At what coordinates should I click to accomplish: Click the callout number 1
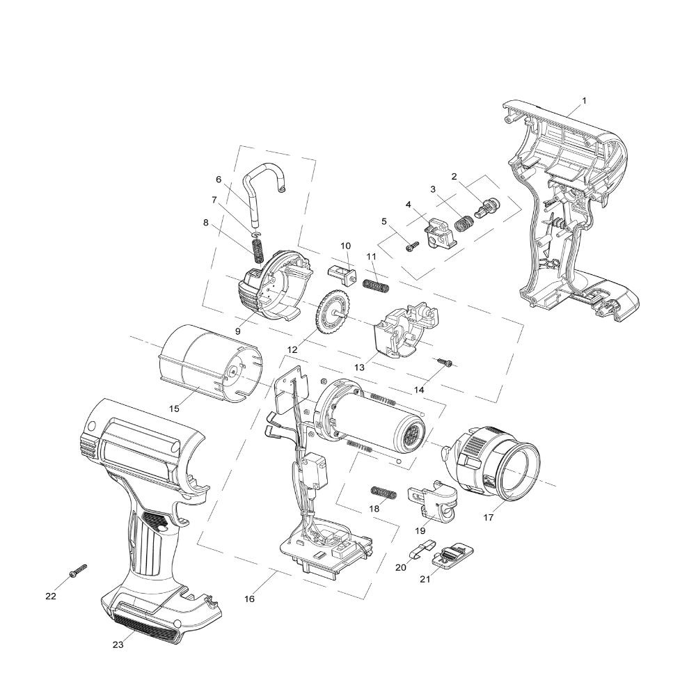[584, 100]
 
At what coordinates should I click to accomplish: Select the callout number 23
[118, 644]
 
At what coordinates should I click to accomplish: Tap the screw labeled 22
[78, 571]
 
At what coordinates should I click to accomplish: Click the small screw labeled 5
[411, 244]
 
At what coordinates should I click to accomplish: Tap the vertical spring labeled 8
[258, 248]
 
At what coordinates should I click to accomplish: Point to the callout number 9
[237, 331]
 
